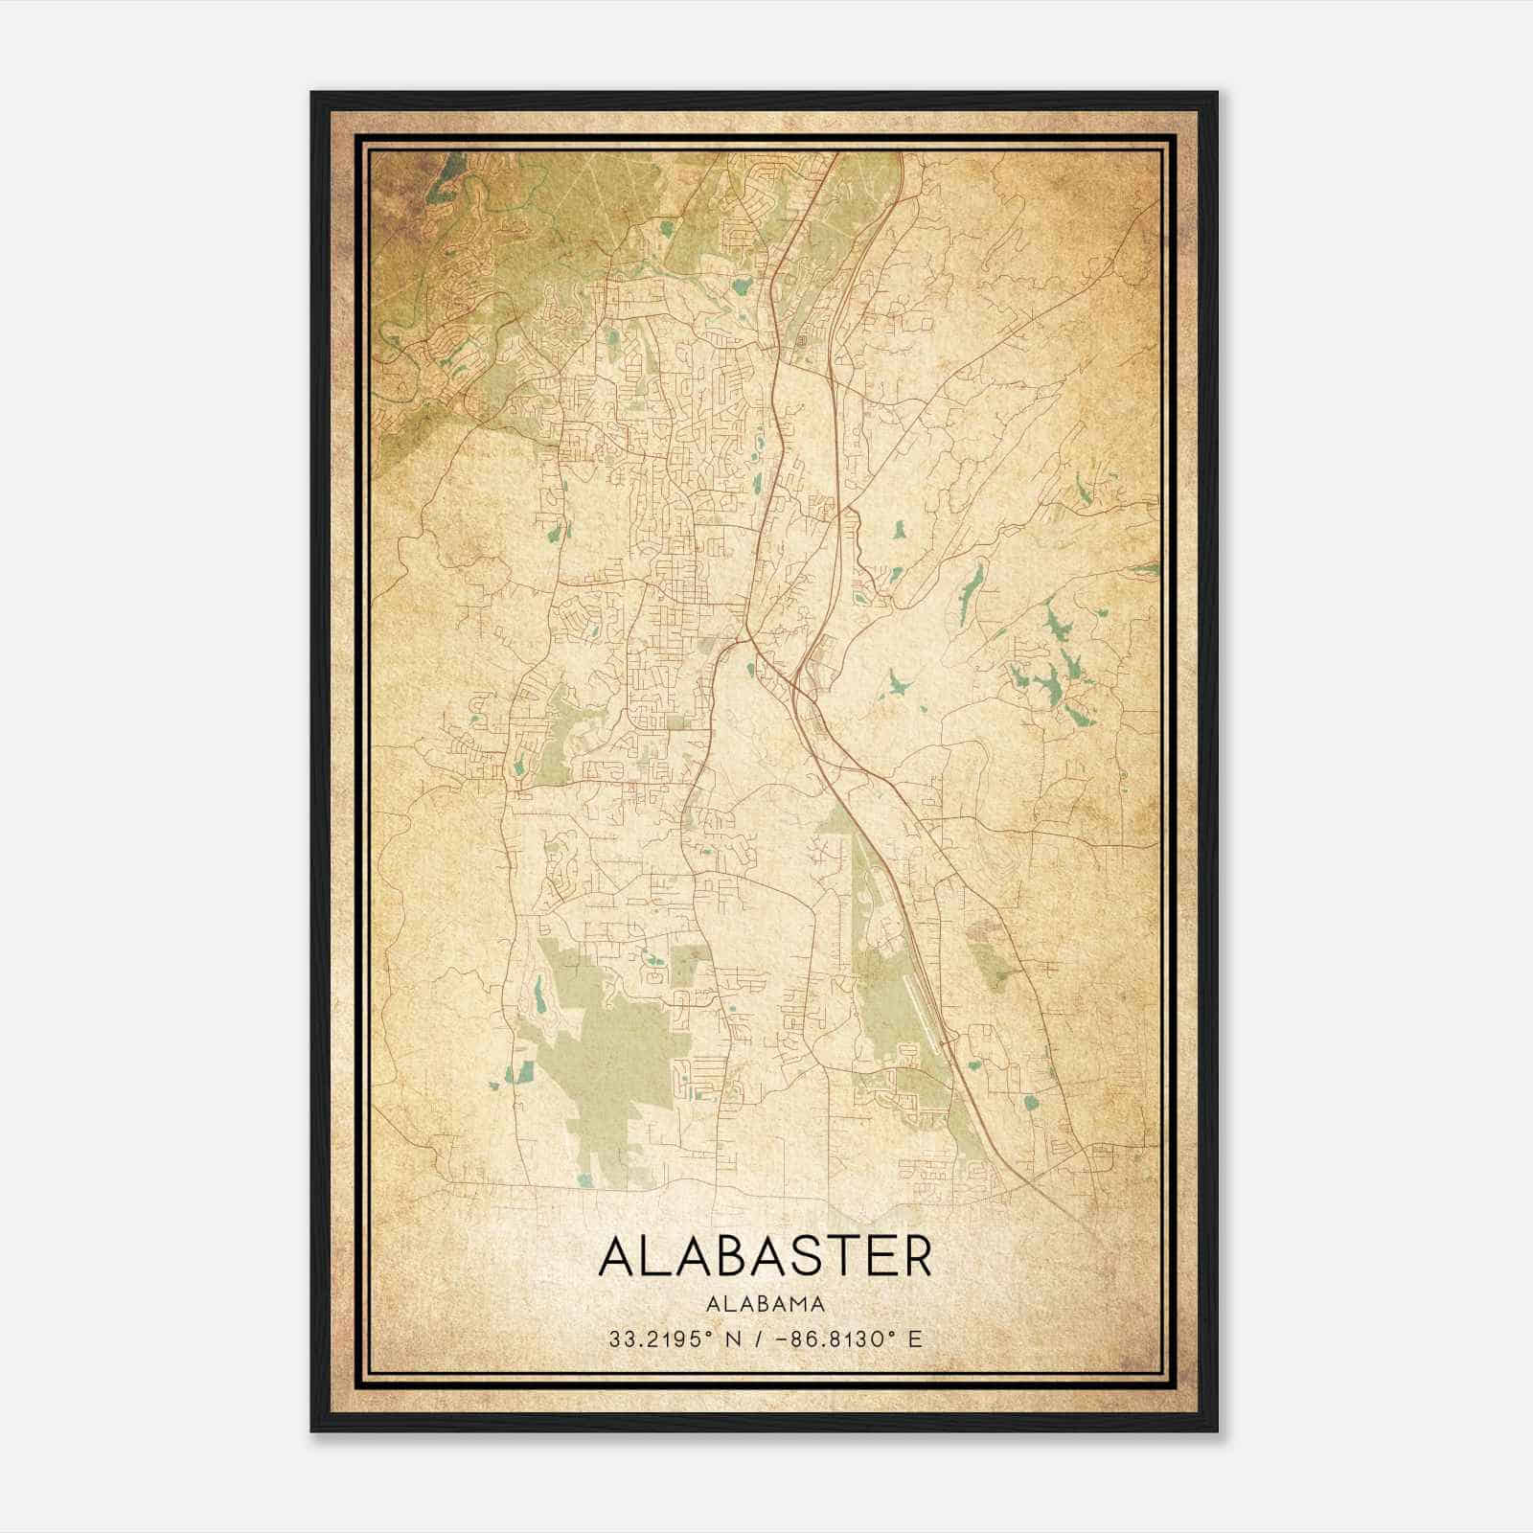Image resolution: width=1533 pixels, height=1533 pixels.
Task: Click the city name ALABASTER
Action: [766, 1256]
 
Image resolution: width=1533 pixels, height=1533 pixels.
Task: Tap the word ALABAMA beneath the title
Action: [766, 1303]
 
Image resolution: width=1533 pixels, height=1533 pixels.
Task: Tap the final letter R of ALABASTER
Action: [916, 1256]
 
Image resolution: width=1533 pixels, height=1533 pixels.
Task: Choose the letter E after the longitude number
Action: [916, 1339]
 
